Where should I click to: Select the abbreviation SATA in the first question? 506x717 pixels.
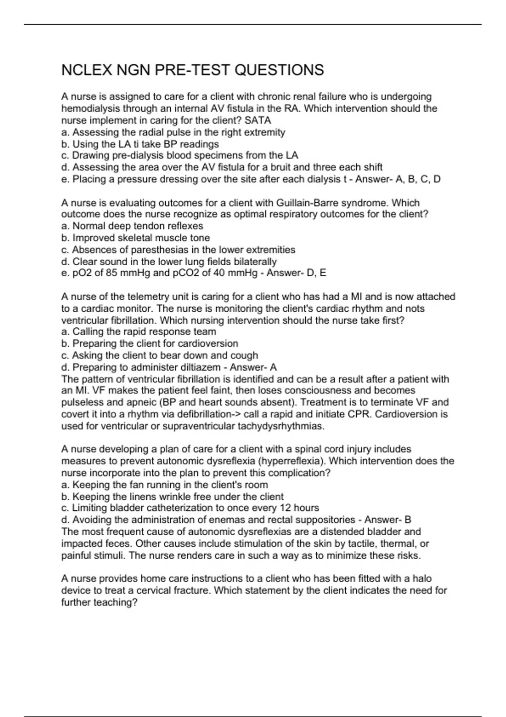[258, 120]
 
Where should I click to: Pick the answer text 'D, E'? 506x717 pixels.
[317, 273]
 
